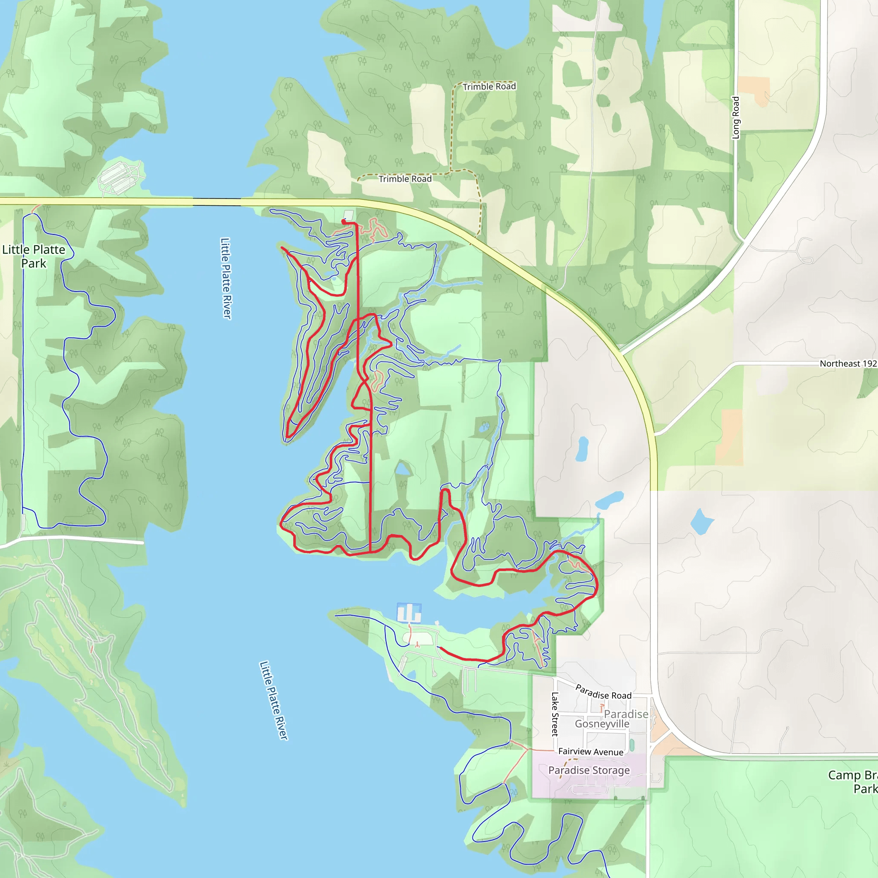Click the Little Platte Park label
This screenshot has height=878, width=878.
point(33,256)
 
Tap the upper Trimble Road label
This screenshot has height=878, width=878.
point(489,86)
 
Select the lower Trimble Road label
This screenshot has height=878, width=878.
point(405,179)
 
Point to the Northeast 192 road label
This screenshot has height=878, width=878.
point(848,364)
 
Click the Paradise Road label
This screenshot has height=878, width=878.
point(603,692)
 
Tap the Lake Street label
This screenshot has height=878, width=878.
point(554,714)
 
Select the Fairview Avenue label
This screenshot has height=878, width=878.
point(590,752)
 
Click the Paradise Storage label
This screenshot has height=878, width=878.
point(589,770)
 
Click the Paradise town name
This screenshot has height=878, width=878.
point(626,714)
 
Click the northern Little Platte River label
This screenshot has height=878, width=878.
point(226,279)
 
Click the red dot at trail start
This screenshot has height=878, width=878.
point(343,221)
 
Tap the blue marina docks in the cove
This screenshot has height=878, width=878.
point(409,613)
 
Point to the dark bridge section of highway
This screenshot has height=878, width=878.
point(217,202)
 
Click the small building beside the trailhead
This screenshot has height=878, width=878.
point(349,214)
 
